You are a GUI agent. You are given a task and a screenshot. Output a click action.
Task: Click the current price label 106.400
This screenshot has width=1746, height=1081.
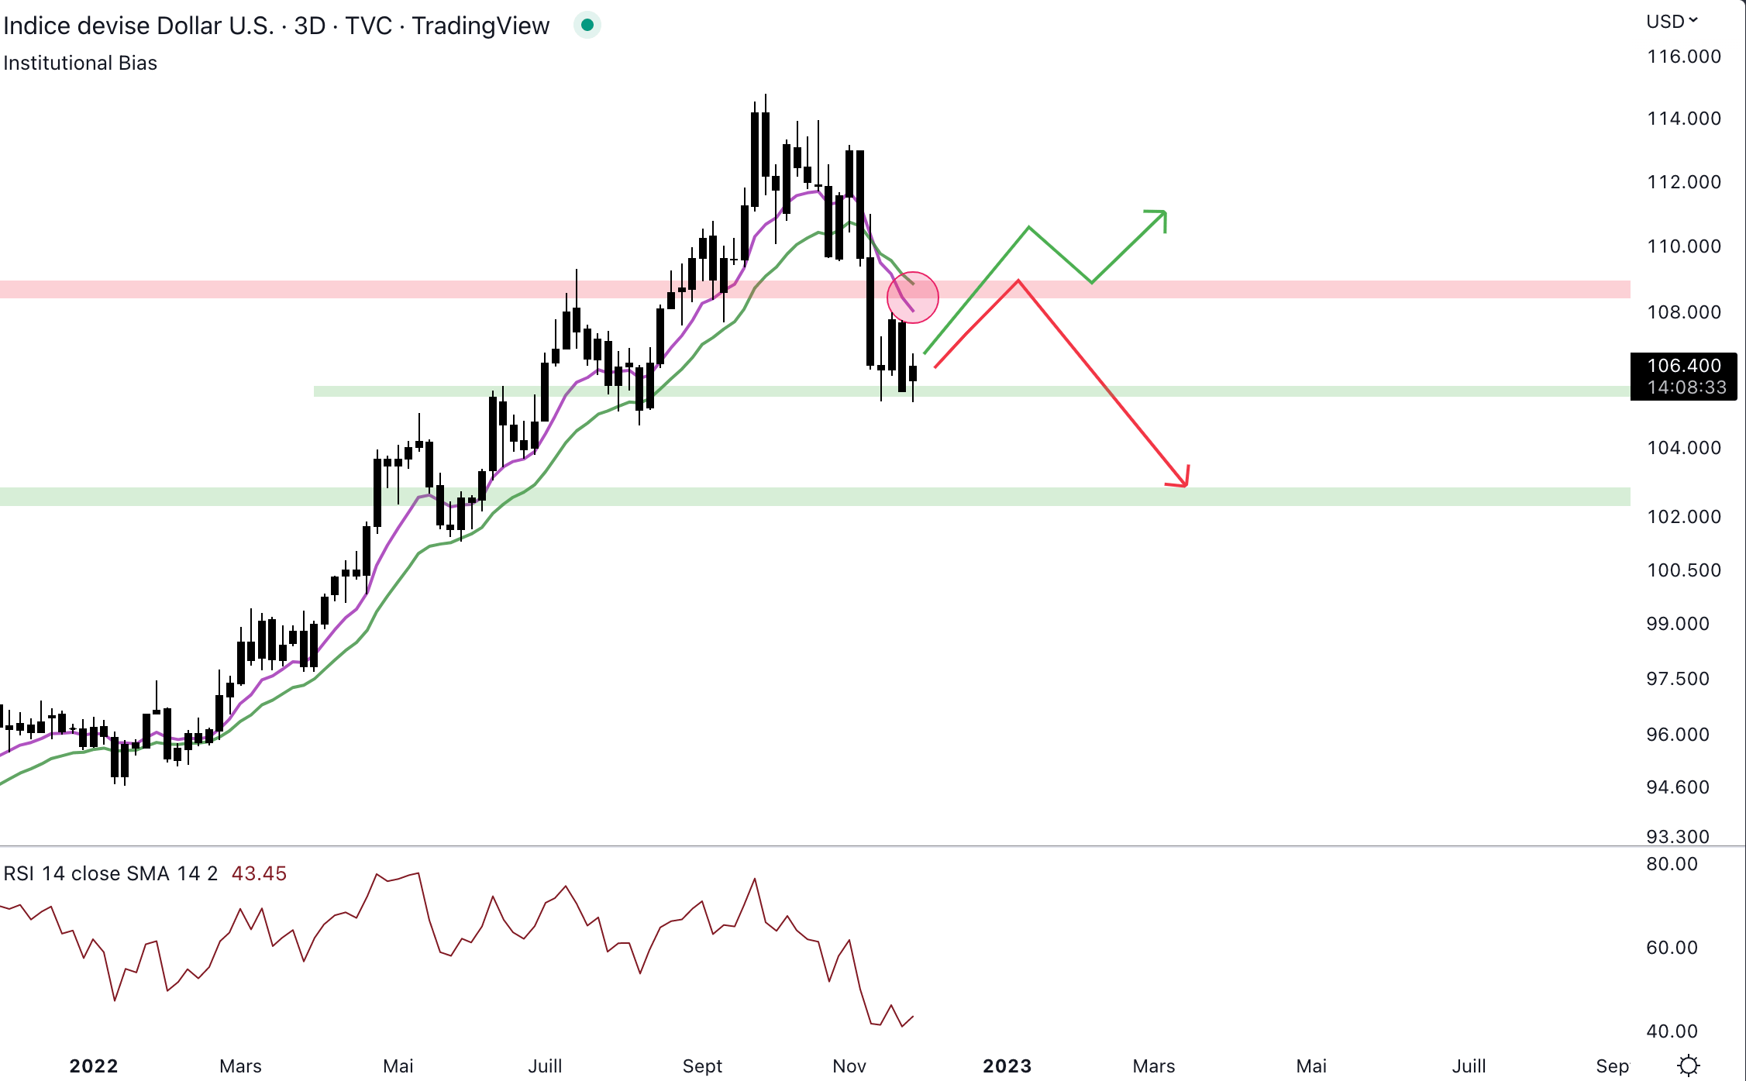pyautogui.click(x=1683, y=366)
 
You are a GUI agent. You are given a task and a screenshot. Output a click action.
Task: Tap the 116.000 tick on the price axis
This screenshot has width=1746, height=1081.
pyautogui.click(x=1683, y=57)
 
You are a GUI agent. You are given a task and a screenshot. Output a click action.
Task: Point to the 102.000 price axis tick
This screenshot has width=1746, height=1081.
pyautogui.click(x=1683, y=517)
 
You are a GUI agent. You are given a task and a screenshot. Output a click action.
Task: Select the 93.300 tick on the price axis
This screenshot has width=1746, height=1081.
pyautogui.click(x=1677, y=836)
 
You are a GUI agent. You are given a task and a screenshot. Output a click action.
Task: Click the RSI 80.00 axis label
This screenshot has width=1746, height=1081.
pyautogui.click(x=1672, y=864)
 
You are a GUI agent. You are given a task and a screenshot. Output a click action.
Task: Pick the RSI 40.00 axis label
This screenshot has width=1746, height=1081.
pyautogui.click(x=1672, y=1031)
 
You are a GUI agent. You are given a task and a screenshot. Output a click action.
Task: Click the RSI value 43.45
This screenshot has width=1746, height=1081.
pyautogui.click(x=259, y=873)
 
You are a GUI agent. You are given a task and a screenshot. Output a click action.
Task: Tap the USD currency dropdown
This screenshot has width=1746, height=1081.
pyautogui.click(x=1672, y=22)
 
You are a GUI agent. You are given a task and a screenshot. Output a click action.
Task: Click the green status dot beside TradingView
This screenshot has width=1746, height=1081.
pyautogui.click(x=587, y=26)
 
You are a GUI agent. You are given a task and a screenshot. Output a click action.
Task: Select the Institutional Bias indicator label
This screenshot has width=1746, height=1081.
pyautogui.click(x=81, y=63)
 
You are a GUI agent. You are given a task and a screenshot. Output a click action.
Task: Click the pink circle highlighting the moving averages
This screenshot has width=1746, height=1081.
pyautogui.click(x=913, y=298)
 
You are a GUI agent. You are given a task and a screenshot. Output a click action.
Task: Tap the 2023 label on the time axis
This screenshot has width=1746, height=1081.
pyautogui.click(x=1007, y=1066)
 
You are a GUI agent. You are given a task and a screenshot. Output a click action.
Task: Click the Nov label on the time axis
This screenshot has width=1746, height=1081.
pyautogui.click(x=849, y=1066)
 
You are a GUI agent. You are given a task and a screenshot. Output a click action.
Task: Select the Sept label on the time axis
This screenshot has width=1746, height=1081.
pyautogui.click(x=702, y=1066)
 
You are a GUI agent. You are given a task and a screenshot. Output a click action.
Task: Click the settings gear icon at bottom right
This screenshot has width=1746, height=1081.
pyautogui.click(x=1689, y=1066)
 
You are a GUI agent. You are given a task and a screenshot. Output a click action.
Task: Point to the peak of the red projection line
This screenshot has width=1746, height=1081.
pyautogui.click(x=1018, y=281)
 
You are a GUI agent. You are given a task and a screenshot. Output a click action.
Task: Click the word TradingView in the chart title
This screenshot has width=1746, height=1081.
pyautogui.click(x=480, y=26)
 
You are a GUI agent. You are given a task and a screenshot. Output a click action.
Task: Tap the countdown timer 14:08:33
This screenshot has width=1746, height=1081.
pyautogui.click(x=1686, y=387)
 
